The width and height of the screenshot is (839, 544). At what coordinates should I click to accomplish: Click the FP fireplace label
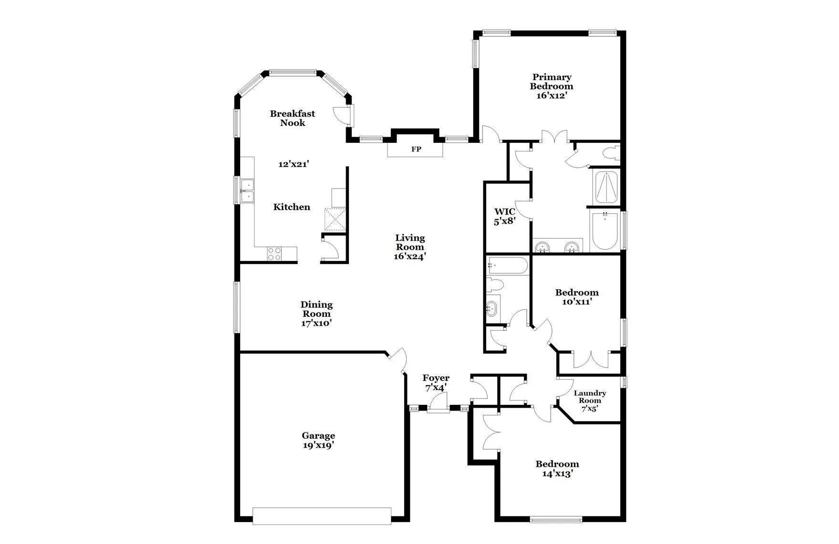(x=416, y=149)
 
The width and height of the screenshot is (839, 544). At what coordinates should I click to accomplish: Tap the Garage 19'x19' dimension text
(x=318, y=445)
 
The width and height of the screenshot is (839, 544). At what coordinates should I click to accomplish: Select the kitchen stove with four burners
(x=274, y=253)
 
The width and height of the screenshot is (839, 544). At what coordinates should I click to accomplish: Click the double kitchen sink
(x=247, y=191)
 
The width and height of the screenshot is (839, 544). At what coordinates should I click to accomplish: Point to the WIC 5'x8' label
(x=505, y=216)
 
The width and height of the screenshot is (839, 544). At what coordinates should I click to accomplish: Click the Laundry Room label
(x=590, y=397)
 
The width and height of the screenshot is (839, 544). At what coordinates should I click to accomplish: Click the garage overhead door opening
(x=322, y=516)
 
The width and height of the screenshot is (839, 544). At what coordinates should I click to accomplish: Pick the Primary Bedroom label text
(x=552, y=81)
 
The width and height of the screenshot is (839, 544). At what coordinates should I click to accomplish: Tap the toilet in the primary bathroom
(x=610, y=153)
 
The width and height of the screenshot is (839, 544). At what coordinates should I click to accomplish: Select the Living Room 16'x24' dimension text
(x=409, y=256)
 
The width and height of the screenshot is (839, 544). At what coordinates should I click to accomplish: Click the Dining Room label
(x=317, y=309)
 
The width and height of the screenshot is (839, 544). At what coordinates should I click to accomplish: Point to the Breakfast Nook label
(x=292, y=118)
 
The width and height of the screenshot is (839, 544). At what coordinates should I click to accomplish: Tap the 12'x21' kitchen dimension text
(x=294, y=164)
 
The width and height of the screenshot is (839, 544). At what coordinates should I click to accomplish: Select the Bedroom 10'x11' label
(x=576, y=297)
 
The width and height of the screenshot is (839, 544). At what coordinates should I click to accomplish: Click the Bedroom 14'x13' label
(x=557, y=469)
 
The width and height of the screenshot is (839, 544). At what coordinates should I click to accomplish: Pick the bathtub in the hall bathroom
(x=507, y=266)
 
